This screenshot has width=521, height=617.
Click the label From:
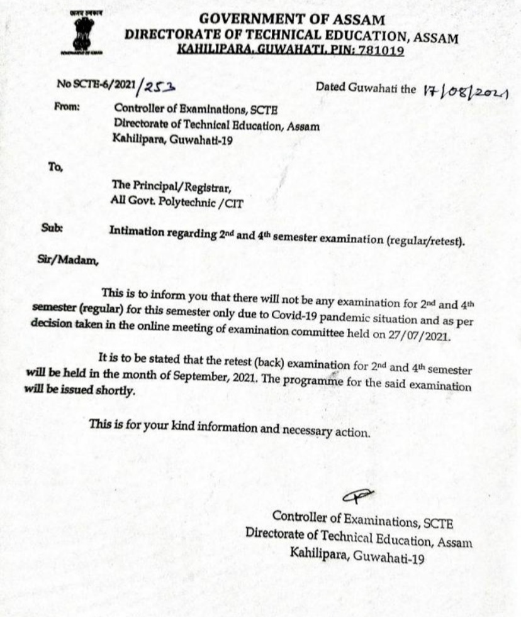[x=67, y=107]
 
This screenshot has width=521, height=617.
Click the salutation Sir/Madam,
[x=68, y=259]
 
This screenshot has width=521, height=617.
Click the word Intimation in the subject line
[x=133, y=230]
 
